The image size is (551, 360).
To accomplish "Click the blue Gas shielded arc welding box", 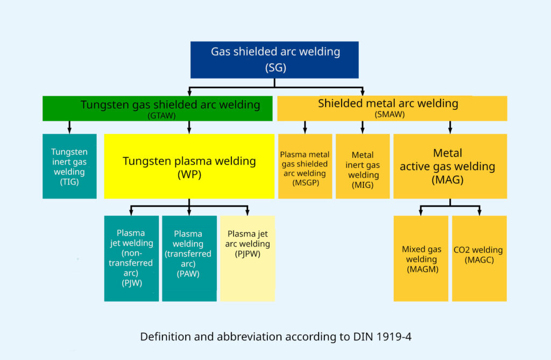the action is [x=274, y=60].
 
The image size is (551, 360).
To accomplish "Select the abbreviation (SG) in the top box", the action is [x=275, y=67].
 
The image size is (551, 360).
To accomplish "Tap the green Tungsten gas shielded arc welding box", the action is [x=158, y=108].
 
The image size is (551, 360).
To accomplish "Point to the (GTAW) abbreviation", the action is [x=161, y=116].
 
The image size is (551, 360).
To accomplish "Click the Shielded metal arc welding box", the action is [x=392, y=108].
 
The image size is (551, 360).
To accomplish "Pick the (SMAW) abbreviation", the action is [x=390, y=114].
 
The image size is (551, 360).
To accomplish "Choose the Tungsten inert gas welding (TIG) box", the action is [x=69, y=166].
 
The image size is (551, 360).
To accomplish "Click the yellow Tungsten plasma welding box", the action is [x=189, y=166].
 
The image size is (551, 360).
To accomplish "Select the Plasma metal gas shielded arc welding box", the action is [x=305, y=166].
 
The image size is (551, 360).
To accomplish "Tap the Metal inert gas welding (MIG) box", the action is [x=363, y=166].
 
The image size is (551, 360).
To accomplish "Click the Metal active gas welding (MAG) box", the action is [x=450, y=166].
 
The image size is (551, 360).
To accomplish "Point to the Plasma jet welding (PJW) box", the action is [x=131, y=258].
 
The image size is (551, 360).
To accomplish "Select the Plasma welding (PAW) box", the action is [x=189, y=258].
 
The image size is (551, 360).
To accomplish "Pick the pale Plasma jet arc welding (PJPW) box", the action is [x=248, y=258].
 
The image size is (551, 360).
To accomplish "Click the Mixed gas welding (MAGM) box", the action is [x=421, y=258].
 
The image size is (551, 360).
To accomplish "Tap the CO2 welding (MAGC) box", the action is [x=479, y=258].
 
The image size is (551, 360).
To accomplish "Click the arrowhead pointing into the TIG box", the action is [x=69, y=131].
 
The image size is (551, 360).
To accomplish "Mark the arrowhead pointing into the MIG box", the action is [x=363, y=131].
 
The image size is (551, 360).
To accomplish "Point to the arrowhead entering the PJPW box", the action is [x=248, y=213].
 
